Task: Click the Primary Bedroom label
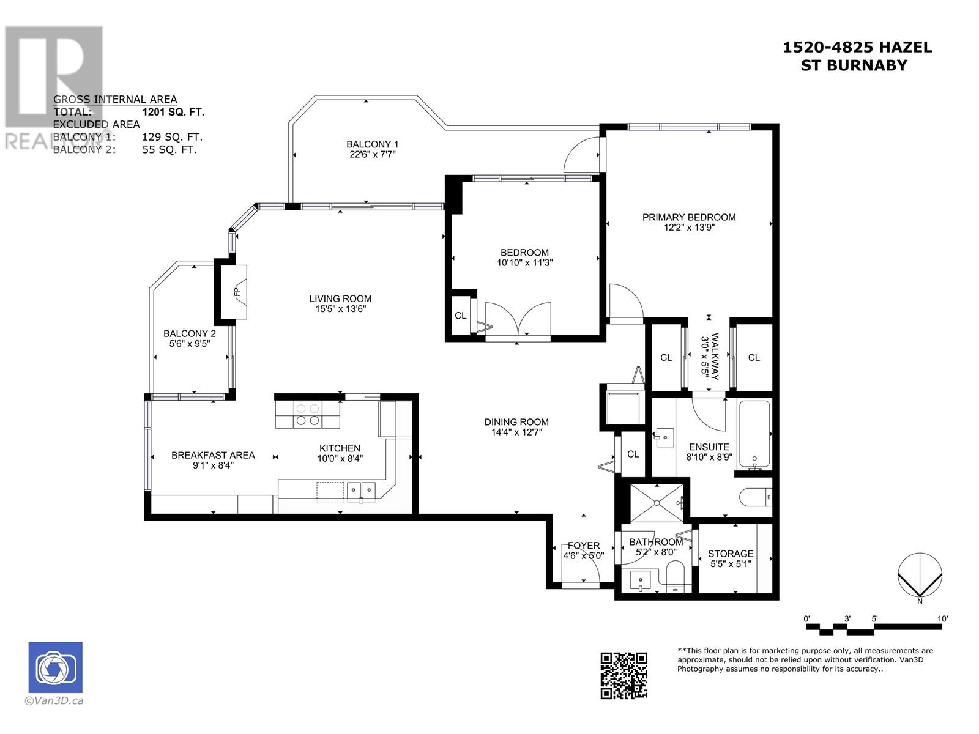pyautogui.click(x=688, y=217)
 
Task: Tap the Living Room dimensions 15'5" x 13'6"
pyautogui.click(x=340, y=309)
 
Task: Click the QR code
pyautogui.click(x=624, y=675)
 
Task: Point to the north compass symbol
pyautogui.click(x=920, y=577)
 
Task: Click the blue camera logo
pyautogui.click(x=55, y=667)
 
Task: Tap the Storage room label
pyautogui.click(x=731, y=554)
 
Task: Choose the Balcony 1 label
pyautogui.click(x=373, y=144)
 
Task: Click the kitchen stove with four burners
pyautogui.click(x=307, y=415)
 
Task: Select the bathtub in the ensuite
pyautogui.click(x=754, y=434)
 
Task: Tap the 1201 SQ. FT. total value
pyautogui.click(x=174, y=112)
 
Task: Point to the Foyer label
pyautogui.click(x=583, y=546)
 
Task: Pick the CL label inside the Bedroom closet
pyautogui.click(x=460, y=316)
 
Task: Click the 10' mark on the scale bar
pyautogui.click(x=942, y=618)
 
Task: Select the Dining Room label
pyautogui.click(x=516, y=421)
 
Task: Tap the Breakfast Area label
pyautogui.click(x=213, y=455)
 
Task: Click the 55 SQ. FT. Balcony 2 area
pyautogui.click(x=169, y=149)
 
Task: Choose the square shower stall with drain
pyautogui.click(x=657, y=503)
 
